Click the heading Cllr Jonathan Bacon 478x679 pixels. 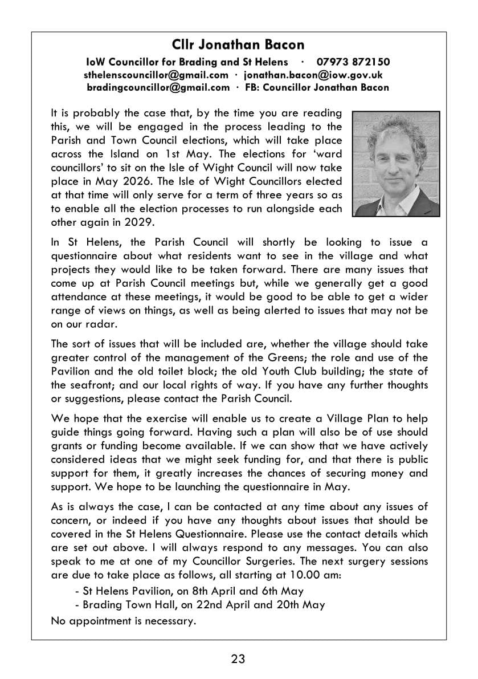tap(238, 44)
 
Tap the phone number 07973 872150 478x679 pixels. tap(353, 62)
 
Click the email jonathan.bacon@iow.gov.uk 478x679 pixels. tap(313, 75)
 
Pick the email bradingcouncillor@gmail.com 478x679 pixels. tap(158, 88)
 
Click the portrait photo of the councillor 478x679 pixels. tap(396, 164)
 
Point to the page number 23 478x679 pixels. tap(238, 659)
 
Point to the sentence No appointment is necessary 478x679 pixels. tap(124, 621)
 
